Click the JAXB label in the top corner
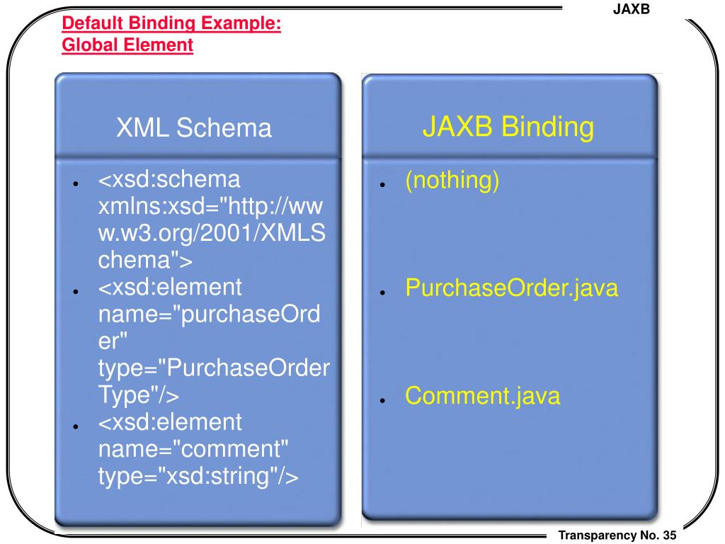click(x=631, y=8)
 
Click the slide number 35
click(x=670, y=535)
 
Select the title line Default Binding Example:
click(x=171, y=24)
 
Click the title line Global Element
click(x=127, y=45)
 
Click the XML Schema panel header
click(x=194, y=128)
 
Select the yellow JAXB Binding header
click(x=508, y=127)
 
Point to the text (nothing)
click(x=452, y=181)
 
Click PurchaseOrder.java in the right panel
click(x=512, y=288)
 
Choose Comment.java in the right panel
click(x=482, y=396)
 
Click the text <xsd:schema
click(x=169, y=181)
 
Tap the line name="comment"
click(x=193, y=450)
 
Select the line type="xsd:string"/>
click(x=199, y=477)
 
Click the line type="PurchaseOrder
click(x=214, y=369)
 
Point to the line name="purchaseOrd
click(x=209, y=315)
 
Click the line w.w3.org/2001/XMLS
click(x=212, y=234)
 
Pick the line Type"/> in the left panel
click(x=139, y=396)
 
